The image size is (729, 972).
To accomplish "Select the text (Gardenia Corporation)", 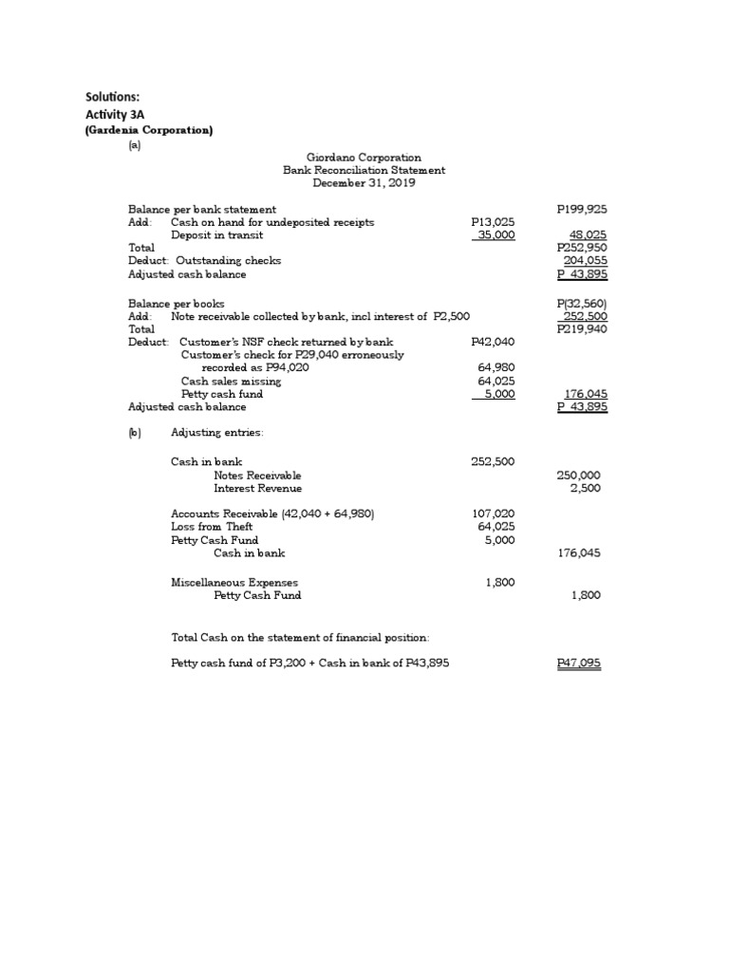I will [x=149, y=130].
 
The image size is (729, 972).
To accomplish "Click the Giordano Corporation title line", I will [x=364, y=158].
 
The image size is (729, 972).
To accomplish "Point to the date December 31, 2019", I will [x=364, y=183].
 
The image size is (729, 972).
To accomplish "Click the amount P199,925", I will [x=582, y=209].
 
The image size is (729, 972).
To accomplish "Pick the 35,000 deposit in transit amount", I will [x=495, y=235].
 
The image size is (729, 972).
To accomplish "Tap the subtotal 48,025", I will [x=589, y=235].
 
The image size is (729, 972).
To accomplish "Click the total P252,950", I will [x=582, y=248].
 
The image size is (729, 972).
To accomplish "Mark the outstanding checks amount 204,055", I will [x=586, y=260].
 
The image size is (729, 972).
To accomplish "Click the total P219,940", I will [x=582, y=328].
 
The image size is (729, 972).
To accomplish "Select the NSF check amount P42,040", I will [x=493, y=342].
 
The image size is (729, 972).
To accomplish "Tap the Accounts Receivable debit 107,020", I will [x=494, y=514].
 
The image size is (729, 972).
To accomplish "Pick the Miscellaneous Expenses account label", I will [x=234, y=582].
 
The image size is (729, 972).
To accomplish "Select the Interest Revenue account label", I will [x=258, y=488].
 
